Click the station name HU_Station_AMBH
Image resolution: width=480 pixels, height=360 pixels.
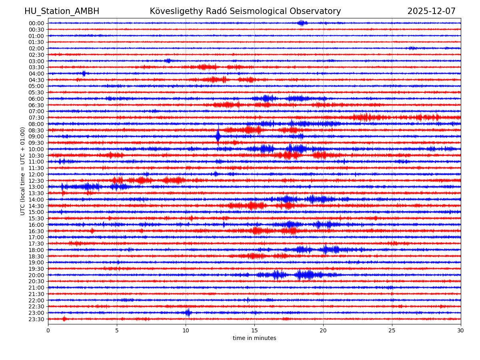pyautogui.click(x=62, y=11)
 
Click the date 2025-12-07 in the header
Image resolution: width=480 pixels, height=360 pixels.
pyautogui.click(x=431, y=11)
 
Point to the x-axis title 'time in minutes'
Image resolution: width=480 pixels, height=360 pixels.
pyautogui.click(x=254, y=338)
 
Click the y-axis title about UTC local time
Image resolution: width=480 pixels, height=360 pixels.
pyautogui.click(x=23, y=171)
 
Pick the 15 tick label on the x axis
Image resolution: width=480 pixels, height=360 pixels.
pyautogui.click(x=254, y=330)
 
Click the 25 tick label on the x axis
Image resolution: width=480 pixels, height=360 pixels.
pyautogui.click(x=392, y=330)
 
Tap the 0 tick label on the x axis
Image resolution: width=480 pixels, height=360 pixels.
pyautogui.click(x=48, y=330)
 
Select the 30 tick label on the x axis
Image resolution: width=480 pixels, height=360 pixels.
pyautogui.click(x=461, y=330)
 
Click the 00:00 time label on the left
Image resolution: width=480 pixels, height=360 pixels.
pyautogui.click(x=36, y=23)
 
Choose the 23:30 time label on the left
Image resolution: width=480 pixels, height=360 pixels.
pyautogui.click(x=36, y=319)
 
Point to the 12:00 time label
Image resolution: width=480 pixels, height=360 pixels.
pyautogui.click(x=36, y=174)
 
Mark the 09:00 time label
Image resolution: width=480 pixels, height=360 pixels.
pyautogui.click(x=36, y=136)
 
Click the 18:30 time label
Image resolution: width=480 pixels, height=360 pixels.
pyautogui.click(x=36, y=256)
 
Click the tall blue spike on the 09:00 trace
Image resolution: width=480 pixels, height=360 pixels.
pyautogui.click(x=218, y=136)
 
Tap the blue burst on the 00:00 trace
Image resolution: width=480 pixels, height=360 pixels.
pyautogui.click(x=302, y=23)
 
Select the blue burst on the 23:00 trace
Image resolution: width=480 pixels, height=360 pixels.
pyautogui.click(x=188, y=312)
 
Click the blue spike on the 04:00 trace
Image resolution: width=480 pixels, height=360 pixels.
pyautogui.click(x=84, y=73)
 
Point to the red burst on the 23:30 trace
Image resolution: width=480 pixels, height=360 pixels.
pyautogui.click(x=64, y=319)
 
